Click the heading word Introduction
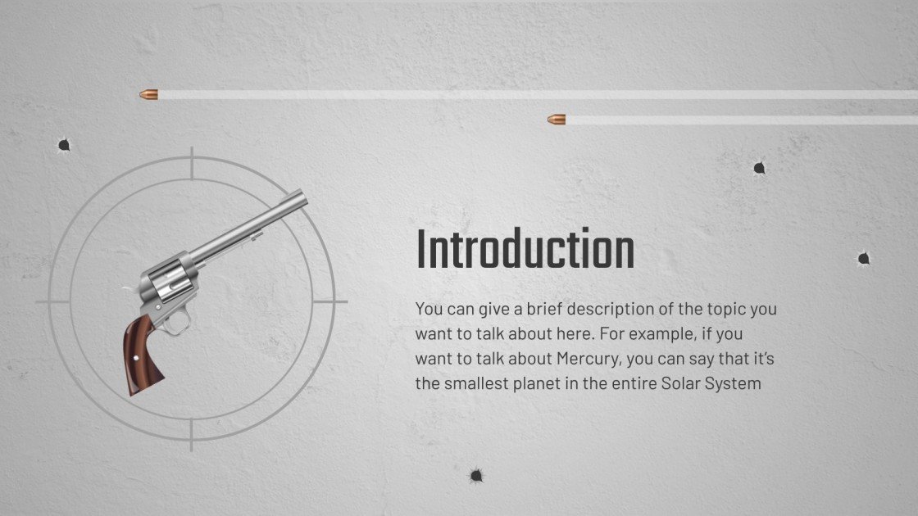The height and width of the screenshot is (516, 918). tap(525, 250)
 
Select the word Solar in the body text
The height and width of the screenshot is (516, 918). tap(680, 384)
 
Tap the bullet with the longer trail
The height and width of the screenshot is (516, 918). tap(148, 94)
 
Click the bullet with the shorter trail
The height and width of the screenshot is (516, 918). tap(557, 120)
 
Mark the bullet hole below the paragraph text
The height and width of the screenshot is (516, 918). tap(476, 476)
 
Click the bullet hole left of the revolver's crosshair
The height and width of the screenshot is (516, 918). tap(64, 145)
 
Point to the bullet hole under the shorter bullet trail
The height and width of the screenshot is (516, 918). tap(759, 169)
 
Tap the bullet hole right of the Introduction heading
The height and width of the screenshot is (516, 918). tap(864, 258)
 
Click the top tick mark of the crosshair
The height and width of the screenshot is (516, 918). tap(192, 163)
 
